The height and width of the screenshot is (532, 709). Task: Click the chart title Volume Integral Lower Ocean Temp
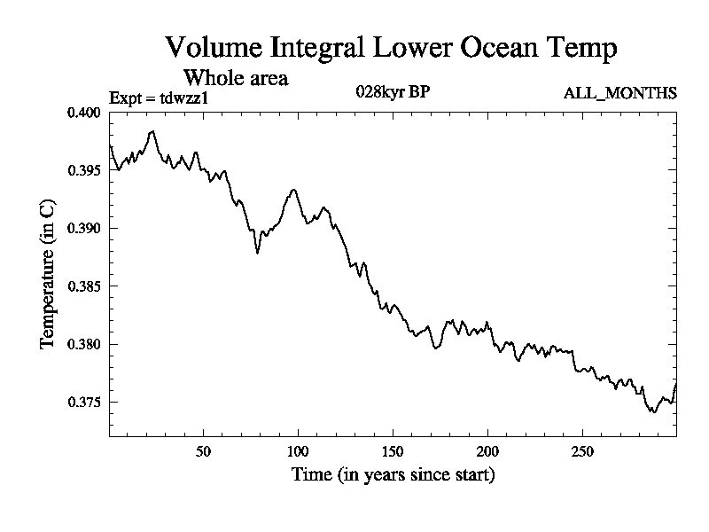pos(391,48)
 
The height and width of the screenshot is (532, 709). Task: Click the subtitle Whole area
pos(235,78)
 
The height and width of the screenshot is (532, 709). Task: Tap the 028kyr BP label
pos(393,92)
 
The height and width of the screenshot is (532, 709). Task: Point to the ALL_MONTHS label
pos(620,93)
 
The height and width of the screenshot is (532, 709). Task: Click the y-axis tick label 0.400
pos(86,113)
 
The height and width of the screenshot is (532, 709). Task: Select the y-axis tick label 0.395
pos(86,170)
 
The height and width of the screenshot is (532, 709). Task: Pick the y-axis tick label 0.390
pos(86,229)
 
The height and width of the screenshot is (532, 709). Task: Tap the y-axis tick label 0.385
pos(86,286)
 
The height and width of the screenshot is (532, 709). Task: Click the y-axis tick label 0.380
pos(86,344)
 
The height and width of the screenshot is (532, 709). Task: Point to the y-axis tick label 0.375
pos(86,403)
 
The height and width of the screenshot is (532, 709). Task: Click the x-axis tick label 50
pos(203,451)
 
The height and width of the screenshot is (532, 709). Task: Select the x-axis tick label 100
pos(298,451)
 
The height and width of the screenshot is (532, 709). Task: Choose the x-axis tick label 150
pos(393,451)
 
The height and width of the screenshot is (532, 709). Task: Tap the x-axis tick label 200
pos(487,451)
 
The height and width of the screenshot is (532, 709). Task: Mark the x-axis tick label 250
pos(582,451)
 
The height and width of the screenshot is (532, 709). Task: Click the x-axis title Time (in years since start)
pos(393,475)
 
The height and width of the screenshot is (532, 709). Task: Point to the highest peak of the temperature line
pos(153,131)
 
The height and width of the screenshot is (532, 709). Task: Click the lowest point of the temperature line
pos(653,412)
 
